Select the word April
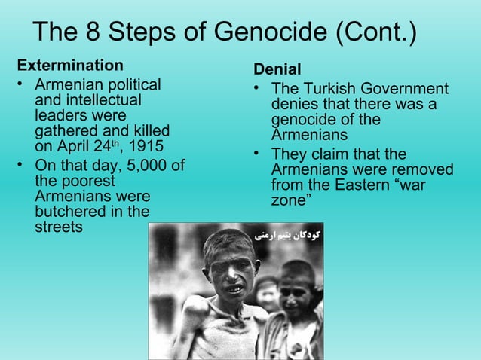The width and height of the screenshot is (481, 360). [x=70, y=145]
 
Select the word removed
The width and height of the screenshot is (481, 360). [x=427, y=170]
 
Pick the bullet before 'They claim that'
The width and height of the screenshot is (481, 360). [x=258, y=156]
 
